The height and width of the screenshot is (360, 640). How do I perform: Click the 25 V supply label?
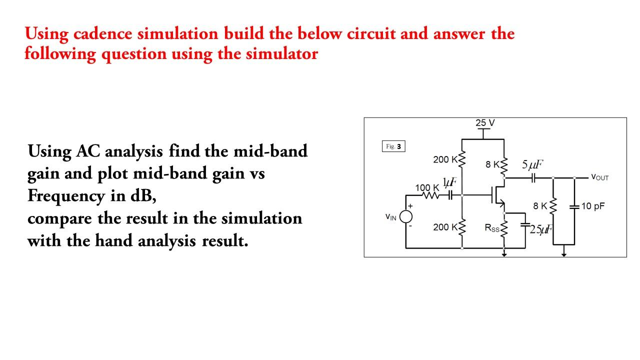pyautogui.click(x=485, y=123)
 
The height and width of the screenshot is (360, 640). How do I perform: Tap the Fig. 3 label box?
pyautogui.click(x=393, y=146)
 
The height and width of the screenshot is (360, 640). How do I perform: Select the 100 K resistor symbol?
pyautogui.click(x=430, y=196)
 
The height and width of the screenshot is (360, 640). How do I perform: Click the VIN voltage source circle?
pyautogui.click(x=405, y=216)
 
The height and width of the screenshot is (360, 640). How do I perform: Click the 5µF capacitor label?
pyautogui.click(x=532, y=165)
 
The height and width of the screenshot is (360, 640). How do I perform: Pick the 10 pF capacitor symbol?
pyautogui.click(x=574, y=206)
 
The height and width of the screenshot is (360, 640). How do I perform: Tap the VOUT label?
pyautogui.click(x=599, y=177)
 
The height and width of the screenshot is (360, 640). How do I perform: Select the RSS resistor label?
pyautogui.click(x=491, y=228)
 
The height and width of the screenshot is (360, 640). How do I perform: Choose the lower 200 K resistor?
pyautogui.click(x=462, y=227)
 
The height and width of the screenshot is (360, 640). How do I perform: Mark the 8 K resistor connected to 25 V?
pyautogui.click(x=503, y=165)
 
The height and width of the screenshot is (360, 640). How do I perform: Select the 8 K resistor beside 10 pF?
pyautogui.click(x=553, y=206)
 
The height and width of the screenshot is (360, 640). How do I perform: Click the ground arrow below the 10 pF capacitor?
pyautogui.click(x=564, y=253)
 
